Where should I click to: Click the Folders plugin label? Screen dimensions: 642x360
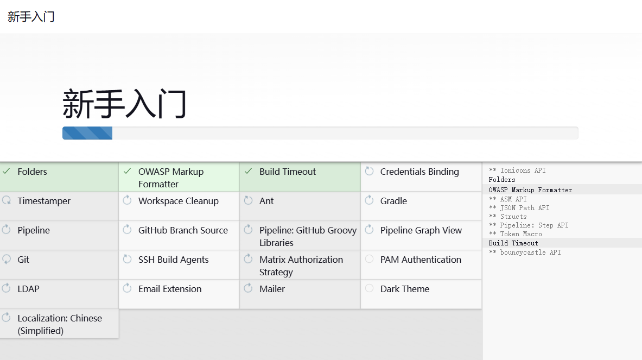[x=33, y=172]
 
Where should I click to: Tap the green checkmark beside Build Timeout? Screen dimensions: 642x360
[x=248, y=171]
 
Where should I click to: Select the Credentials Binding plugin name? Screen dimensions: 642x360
[x=419, y=172]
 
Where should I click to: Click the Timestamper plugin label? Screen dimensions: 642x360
[x=44, y=201]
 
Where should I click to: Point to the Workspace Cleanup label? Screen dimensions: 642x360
[x=179, y=201]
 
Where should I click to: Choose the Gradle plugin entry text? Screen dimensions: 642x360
[x=393, y=201]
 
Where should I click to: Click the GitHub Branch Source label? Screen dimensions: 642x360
[x=183, y=230]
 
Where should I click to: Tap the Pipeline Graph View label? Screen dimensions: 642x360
[x=421, y=231]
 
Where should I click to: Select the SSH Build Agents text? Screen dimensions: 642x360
[x=173, y=260]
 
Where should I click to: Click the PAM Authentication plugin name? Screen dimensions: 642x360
[x=421, y=260]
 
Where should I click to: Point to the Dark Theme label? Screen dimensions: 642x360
[x=404, y=289]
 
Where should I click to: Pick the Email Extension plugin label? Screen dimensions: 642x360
[x=170, y=289]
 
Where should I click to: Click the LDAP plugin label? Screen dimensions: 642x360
[x=28, y=289]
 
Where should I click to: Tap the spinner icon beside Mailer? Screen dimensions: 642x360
[x=248, y=288]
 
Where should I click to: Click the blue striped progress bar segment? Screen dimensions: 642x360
[x=87, y=133]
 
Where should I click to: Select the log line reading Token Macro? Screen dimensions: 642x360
[x=515, y=234]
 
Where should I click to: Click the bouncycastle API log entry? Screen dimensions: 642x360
[x=524, y=252]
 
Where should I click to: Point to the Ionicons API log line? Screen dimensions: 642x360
[x=517, y=170]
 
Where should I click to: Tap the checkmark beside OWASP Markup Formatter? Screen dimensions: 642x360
[x=128, y=171]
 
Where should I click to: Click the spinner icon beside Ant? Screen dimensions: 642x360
[x=248, y=200]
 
